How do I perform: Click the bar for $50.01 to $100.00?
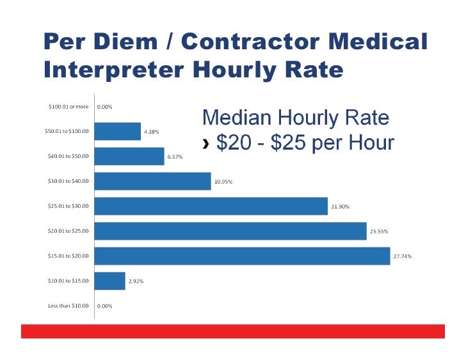pyautogui.click(x=118, y=131)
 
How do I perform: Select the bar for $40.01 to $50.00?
pyautogui.click(x=130, y=156)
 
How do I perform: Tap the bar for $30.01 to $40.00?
pyautogui.click(x=153, y=181)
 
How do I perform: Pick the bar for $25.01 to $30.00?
pyautogui.click(x=211, y=206)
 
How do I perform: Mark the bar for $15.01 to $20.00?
pyautogui.click(x=243, y=256)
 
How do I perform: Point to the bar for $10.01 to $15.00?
pyautogui.click(x=110, y=281)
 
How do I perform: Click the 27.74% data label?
pyautogui.click(x=402, y=256)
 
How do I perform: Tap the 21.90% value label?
pyautogui.click(x=341, y=207)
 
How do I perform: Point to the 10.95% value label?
pyautogui.click(x=223, y=182)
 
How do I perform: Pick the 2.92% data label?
pyautogui.click(x=136, y=281)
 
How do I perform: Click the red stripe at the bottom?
pyautogui.click(x=232, y=331)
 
